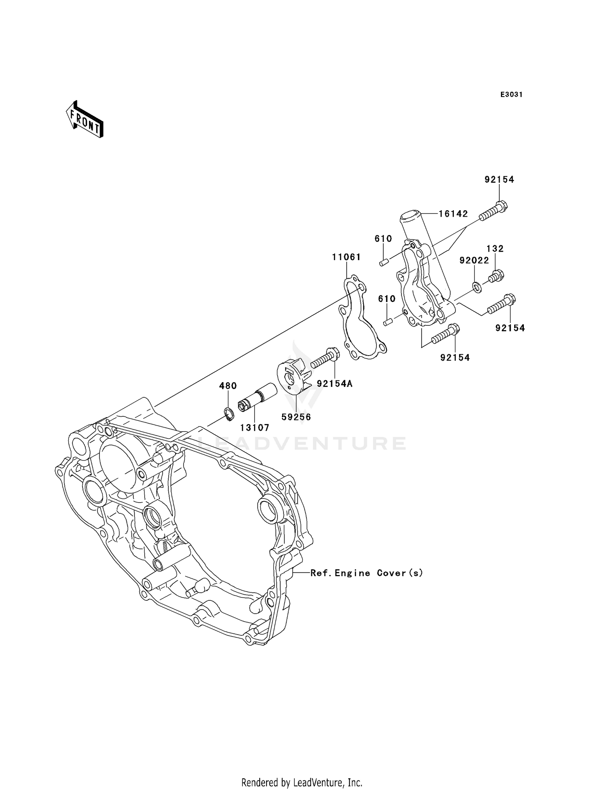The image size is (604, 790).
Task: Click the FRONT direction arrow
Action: tap(85, 120)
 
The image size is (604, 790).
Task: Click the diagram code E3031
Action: tap(511, 95)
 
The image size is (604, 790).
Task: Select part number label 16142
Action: tap(453, 214)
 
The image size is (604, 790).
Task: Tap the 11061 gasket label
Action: tap(346, 257)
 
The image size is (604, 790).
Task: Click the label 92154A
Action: tap(335, 384)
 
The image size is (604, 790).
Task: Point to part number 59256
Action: tap(296, 417)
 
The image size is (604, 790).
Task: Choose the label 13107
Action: tap(255, 428)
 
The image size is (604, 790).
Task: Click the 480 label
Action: tap(228, 386)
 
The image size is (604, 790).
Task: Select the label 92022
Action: tap(474, 261)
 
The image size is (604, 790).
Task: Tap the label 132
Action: tap(495, 249)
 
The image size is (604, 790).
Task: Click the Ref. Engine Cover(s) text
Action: tap(366, 573)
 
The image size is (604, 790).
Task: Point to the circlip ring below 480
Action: tap(229, 414)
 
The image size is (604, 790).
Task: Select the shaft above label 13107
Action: tap(258, 397)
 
